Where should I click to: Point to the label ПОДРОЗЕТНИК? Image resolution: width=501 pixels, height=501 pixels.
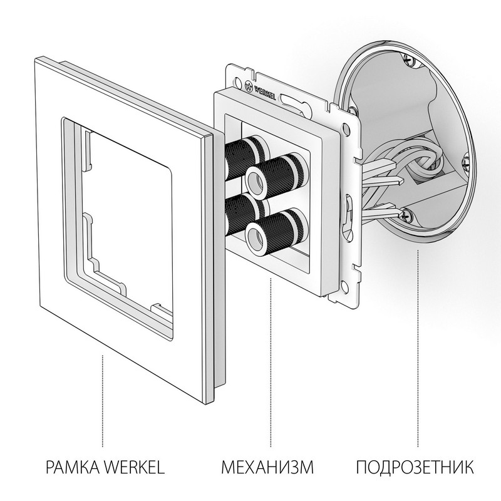pos(415,467)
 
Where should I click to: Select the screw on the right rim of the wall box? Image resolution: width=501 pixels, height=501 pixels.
pos(465,164)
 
